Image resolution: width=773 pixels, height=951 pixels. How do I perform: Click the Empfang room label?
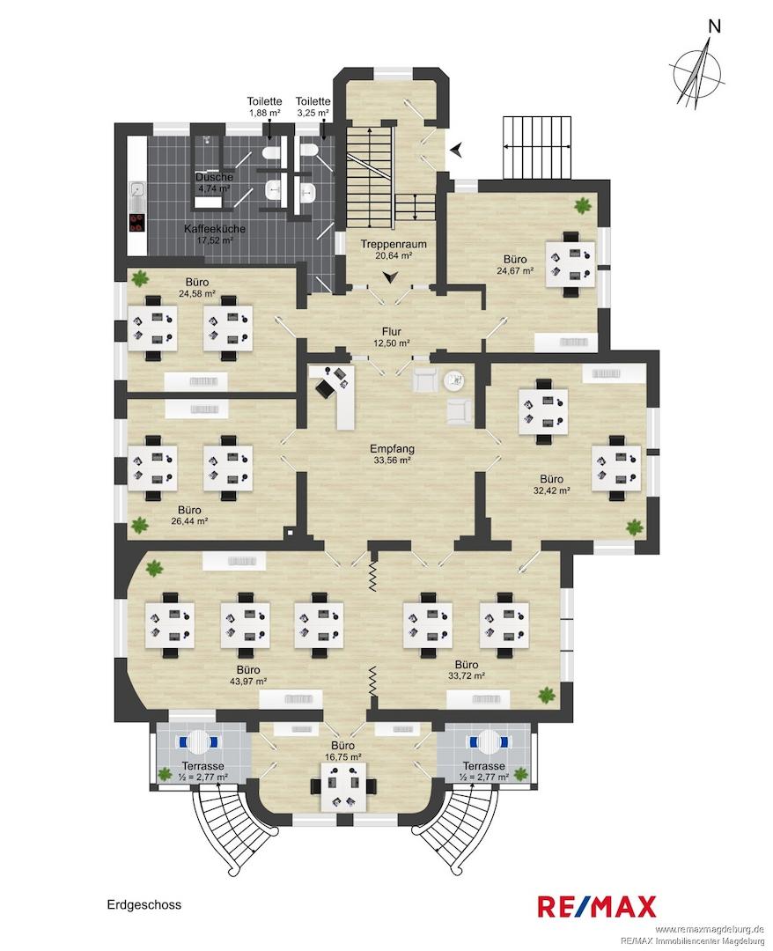(x=393, y=449)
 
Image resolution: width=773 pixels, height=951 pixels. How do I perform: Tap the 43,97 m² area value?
(x=248, y=681)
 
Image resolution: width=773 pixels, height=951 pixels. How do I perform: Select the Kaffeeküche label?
(x=215, y=229)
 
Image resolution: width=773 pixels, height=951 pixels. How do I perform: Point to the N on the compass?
(x=716, y=26)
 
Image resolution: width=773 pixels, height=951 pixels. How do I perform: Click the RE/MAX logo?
(x=597, y=907)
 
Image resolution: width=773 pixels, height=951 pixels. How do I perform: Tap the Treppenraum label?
(x=394, y=245)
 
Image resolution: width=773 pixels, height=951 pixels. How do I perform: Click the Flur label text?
(x=392, y=332)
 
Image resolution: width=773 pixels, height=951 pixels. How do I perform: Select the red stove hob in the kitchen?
(x=137, y=223)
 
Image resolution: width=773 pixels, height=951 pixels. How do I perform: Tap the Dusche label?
(x=214, y=177)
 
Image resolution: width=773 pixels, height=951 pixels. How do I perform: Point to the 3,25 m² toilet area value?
(x=313, y=113)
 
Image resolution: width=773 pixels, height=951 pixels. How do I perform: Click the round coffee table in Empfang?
(x=454, y=380)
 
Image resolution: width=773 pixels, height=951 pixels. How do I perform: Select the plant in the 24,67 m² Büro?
(x=583, y=205)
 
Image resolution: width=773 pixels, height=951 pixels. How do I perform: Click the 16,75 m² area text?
(x=343, y=757)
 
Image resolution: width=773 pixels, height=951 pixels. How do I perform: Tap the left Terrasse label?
(x=203, y=767)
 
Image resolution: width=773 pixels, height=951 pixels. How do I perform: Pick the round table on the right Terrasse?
(x=488, y=741)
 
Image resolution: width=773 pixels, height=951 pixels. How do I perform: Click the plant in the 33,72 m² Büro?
(x=547, y=695)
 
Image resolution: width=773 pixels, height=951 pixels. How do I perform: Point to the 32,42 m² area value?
(x=552, y=490)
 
